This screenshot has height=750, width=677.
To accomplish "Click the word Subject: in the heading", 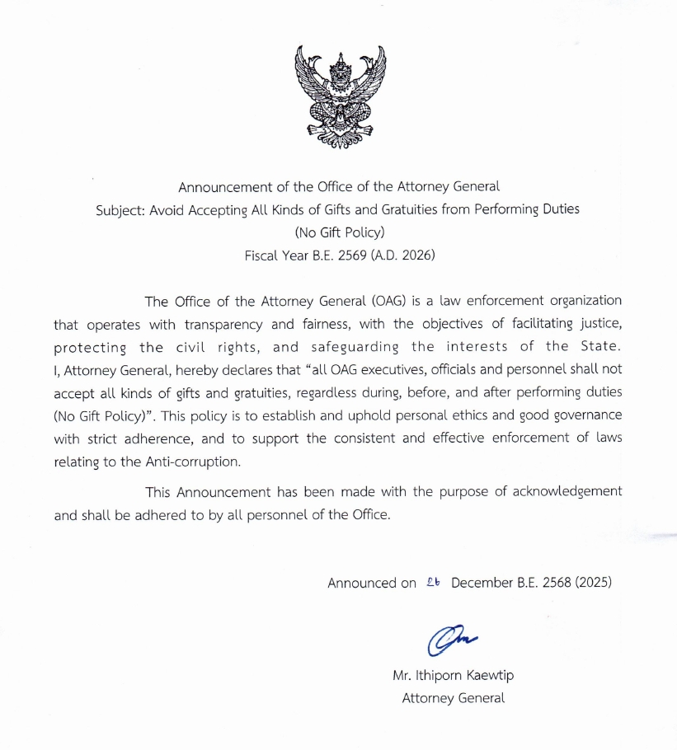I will tap(120, 209).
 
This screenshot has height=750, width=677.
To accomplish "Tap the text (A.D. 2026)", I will tap(402, 255).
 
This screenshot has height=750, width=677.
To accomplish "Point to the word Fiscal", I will tap(263, 255).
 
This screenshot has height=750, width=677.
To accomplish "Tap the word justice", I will tap(598, 324).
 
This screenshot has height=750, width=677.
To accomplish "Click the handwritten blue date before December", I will tap(434, 582).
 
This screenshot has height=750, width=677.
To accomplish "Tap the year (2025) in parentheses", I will tap(594, 583).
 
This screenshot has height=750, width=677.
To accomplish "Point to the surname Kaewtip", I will tap(485, 676).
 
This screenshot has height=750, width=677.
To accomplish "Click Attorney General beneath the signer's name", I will tap(453, 698).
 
